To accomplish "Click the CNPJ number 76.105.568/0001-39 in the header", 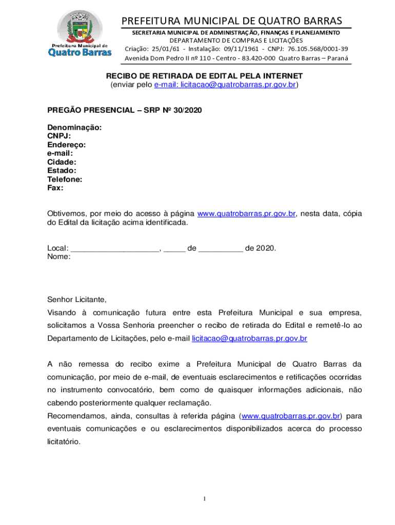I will [x=318, y=49].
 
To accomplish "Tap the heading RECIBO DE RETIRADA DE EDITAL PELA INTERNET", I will [x=204, y=76].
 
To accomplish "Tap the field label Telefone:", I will [x=65, y=179].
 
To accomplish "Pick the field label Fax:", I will [x=55, y=188].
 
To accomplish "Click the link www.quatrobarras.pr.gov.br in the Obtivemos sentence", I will [x=246, y=214].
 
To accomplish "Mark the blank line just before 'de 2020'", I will [x=221, y=249].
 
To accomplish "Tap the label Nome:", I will [x=59, y=257].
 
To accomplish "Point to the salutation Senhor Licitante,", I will [x=76, y=299].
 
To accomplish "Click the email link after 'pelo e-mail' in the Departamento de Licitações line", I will [x=249, y=338].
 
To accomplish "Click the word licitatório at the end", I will [x=64, y=441].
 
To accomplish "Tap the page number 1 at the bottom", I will [x=205, y=498].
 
